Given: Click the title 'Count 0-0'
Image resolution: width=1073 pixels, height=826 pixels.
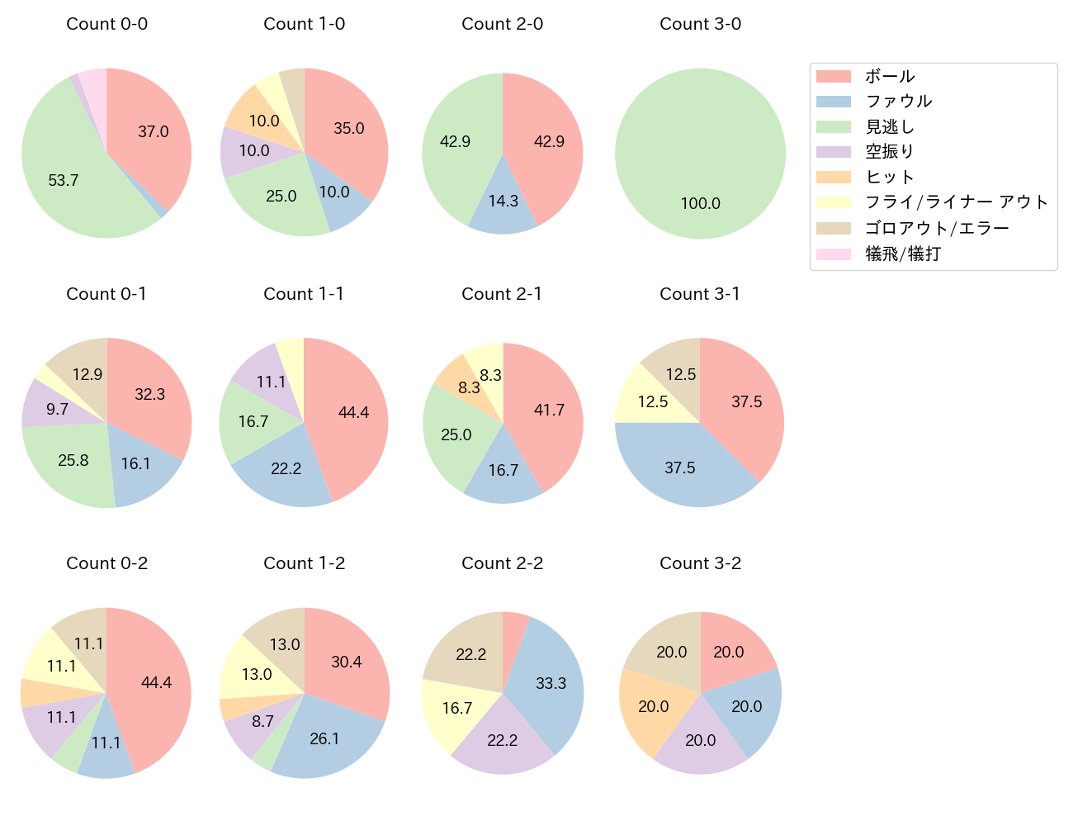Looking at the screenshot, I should tap(107, 24).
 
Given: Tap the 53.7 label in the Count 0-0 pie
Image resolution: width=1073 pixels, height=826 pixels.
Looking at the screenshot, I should tap(64, 180).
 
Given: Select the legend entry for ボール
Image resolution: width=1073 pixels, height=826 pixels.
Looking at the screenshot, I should tap(890, 76).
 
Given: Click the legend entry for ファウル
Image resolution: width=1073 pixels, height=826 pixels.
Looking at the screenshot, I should tap(898, 101).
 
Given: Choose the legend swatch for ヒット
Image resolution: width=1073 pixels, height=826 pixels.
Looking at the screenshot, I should tap(834, 177).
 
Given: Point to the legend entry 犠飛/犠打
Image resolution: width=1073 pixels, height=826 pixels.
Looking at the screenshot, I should tap(902, 254).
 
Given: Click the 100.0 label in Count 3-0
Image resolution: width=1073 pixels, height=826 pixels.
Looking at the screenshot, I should tap(701, 203).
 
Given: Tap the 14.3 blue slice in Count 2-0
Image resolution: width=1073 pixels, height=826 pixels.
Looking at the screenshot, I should tap(503, 201).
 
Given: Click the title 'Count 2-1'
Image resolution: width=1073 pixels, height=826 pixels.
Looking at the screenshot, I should tap(502, 294).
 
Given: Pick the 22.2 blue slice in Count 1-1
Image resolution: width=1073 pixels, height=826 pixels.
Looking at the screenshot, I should tap(286, 468).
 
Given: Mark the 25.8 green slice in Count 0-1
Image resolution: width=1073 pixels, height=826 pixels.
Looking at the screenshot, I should tap(73, 460).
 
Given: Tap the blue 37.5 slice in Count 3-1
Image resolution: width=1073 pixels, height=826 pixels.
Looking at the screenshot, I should tap(680, 468).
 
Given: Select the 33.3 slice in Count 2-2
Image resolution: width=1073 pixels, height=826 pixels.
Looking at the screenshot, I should tap(551, 683).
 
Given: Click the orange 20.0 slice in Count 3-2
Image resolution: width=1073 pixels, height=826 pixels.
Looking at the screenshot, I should tap(653, 706).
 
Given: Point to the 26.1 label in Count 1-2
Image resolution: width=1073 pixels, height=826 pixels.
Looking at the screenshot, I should tap(324, 738).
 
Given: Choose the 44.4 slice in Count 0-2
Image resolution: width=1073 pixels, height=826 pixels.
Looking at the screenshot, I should tap(156, 682).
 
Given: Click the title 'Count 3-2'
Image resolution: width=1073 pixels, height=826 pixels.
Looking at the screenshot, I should tap(700, 563).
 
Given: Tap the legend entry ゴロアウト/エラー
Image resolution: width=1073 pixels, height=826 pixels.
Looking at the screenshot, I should tap(937, 228).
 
